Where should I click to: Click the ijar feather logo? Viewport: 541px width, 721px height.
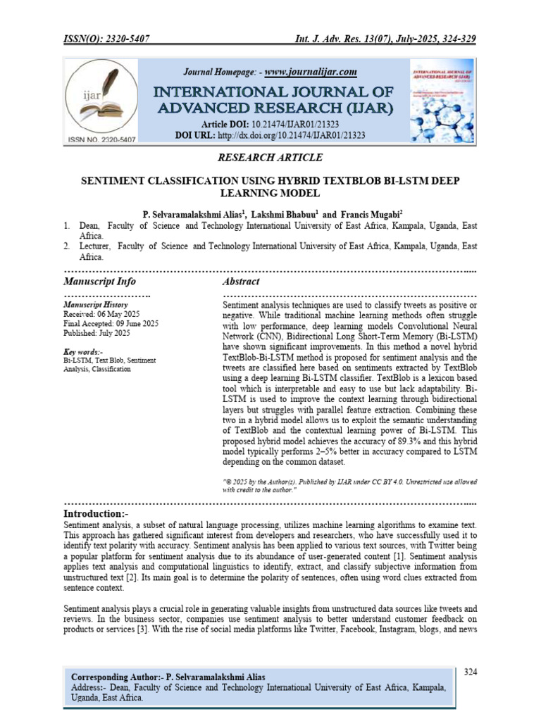[x=100, y=98]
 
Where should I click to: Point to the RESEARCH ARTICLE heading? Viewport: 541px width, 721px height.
[x=270, y=158]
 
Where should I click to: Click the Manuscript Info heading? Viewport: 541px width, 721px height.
[x=99, y=282]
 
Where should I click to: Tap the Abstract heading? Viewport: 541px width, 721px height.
[x=241, y=282]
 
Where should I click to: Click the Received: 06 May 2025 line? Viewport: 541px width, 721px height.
[x=99, y=314]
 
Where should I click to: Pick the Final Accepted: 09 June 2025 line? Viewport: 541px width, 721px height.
[x=111, y=323]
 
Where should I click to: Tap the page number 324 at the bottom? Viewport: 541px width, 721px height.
[x=471, y=672]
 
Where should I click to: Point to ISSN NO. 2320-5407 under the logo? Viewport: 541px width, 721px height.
[x=100, y=139]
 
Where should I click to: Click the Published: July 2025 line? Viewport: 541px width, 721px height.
[x=97, y=332]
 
